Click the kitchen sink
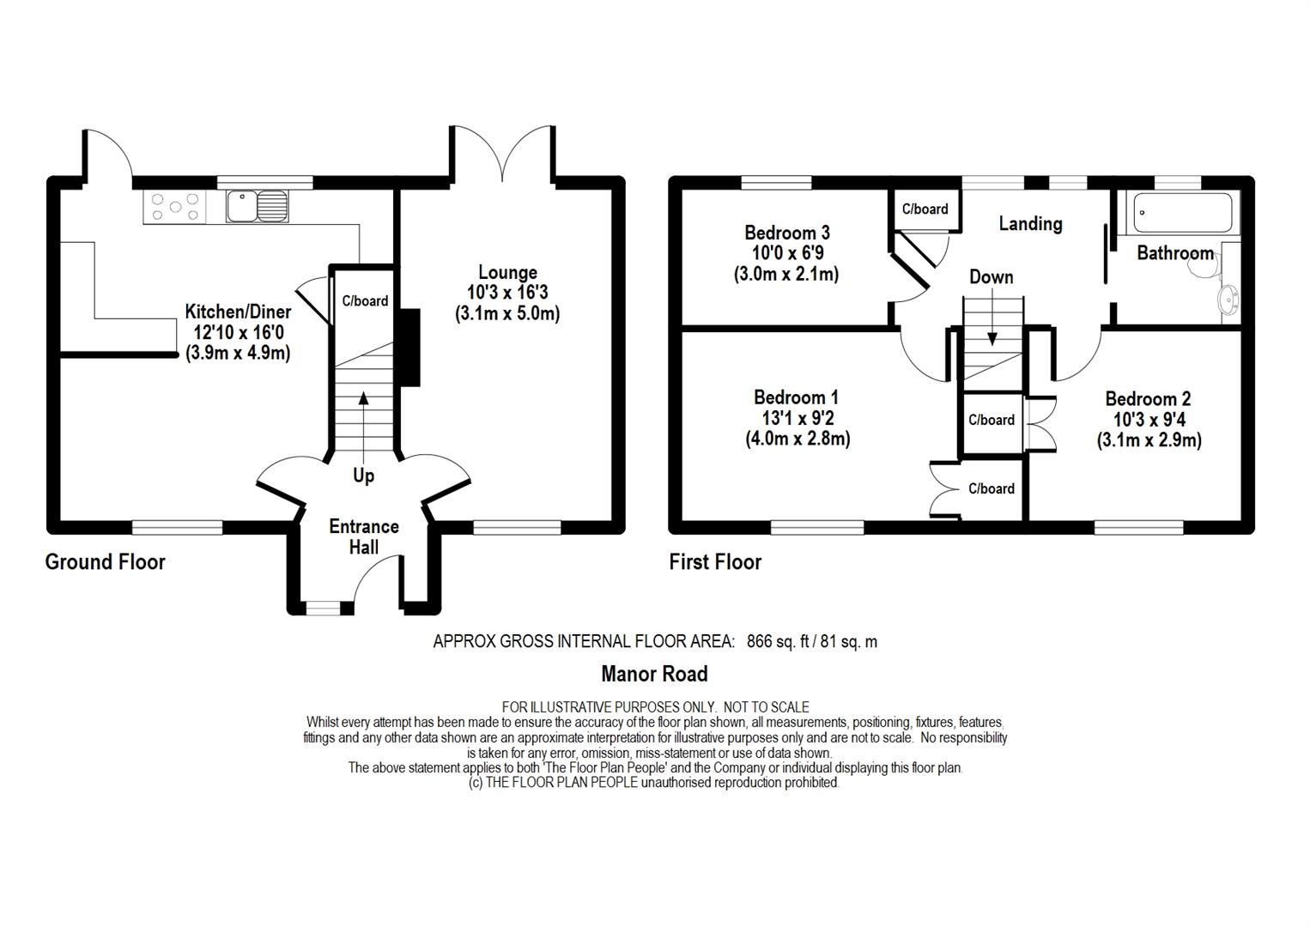coord(258,207)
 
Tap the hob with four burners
coord(174,207)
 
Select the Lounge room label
coord(507,272)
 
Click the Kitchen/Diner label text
coord(238,311)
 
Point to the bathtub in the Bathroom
coord(1182,213)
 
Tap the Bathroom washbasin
coord(1228,300)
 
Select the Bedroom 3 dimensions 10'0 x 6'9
coord(788,253)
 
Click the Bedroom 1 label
coord(796,397)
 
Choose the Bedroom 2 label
coord(1148,399)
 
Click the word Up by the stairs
coord(363,476)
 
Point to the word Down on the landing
coord(992,276)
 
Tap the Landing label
coord(1030,223)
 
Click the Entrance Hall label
coord(364,537)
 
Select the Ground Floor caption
coord(106,562)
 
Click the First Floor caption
coord(715,562)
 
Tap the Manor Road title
coord(654,675)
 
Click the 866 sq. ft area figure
coord(778,641)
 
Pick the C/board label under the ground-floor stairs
coord(365,300)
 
